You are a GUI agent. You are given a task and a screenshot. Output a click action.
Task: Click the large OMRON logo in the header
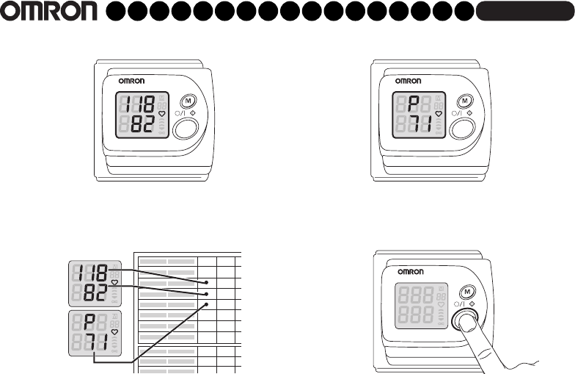pyautogui.click(x=49, y=12)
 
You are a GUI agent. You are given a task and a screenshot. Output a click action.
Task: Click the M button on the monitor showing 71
pyautogui.click(x=464, y=101)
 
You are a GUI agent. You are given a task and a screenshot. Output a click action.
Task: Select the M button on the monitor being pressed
pyautogui.click(x=463, y=292)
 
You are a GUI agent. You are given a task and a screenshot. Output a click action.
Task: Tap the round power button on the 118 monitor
pyautogui.click(x=186, y=129)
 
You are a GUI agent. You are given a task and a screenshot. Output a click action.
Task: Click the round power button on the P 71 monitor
pyautogui.click(x=462, y=129)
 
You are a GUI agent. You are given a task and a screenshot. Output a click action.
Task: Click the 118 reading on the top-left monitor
pyautogui.click(x=139, y=104)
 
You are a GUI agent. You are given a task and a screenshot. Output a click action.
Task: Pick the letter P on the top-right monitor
pyautogui.click(x=414, y=104)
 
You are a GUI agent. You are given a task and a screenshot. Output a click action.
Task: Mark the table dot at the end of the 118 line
pyautogui.click(x=208, y=282)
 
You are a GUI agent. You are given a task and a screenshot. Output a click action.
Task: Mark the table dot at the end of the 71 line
pyautogui.click(x=208, y=304)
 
